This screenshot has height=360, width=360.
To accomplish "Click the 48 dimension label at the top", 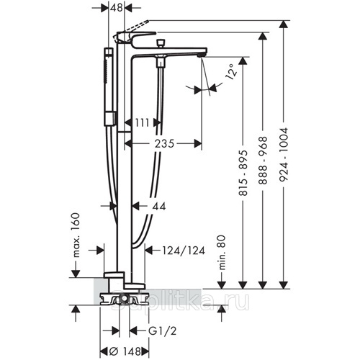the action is point(117,8).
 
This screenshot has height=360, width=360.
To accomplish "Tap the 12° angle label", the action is point(232,71).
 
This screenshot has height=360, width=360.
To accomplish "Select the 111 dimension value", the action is point(143,122).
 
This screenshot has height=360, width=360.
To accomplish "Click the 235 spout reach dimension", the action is point(164,144).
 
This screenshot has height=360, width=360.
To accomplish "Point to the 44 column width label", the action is point(159,207).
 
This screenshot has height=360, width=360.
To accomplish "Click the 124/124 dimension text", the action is point(184,251).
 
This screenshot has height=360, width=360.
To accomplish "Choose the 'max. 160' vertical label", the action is point(76,235).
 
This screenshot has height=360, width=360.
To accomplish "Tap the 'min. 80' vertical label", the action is point(222,253).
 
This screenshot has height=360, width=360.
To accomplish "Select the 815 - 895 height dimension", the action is point(243,173).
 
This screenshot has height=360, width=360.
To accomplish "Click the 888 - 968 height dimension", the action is point(263,160).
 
